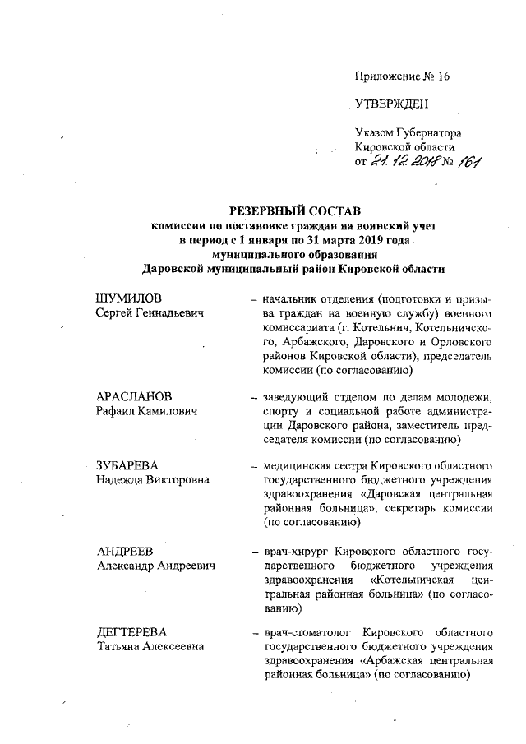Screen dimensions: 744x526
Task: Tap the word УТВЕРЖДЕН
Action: point(391,104)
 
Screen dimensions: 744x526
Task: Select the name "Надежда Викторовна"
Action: point(152,479)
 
